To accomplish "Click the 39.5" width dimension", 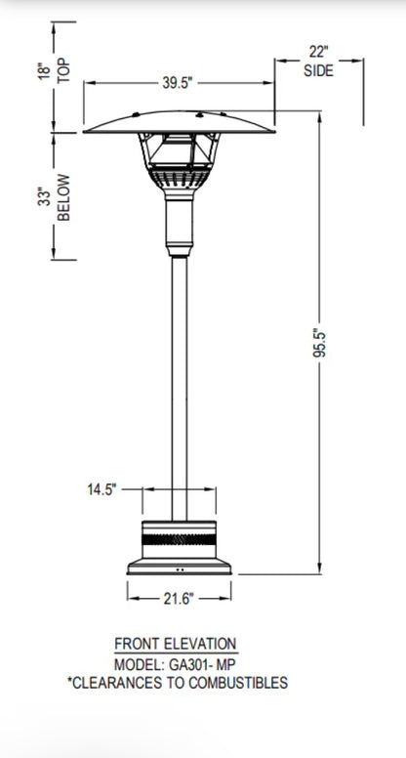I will click(178, 83).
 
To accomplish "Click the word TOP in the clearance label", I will click(65, 70).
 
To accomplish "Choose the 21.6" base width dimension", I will click(178, 597).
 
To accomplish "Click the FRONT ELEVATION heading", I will click(176, 644).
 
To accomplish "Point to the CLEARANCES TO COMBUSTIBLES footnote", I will click(176, 684).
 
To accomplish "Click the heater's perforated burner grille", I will click(178, 180).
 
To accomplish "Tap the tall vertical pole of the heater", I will click(178, 371).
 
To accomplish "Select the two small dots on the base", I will click(178, 568).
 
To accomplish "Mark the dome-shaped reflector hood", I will click(178, 119).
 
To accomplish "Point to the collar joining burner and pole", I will click(178, 220).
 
